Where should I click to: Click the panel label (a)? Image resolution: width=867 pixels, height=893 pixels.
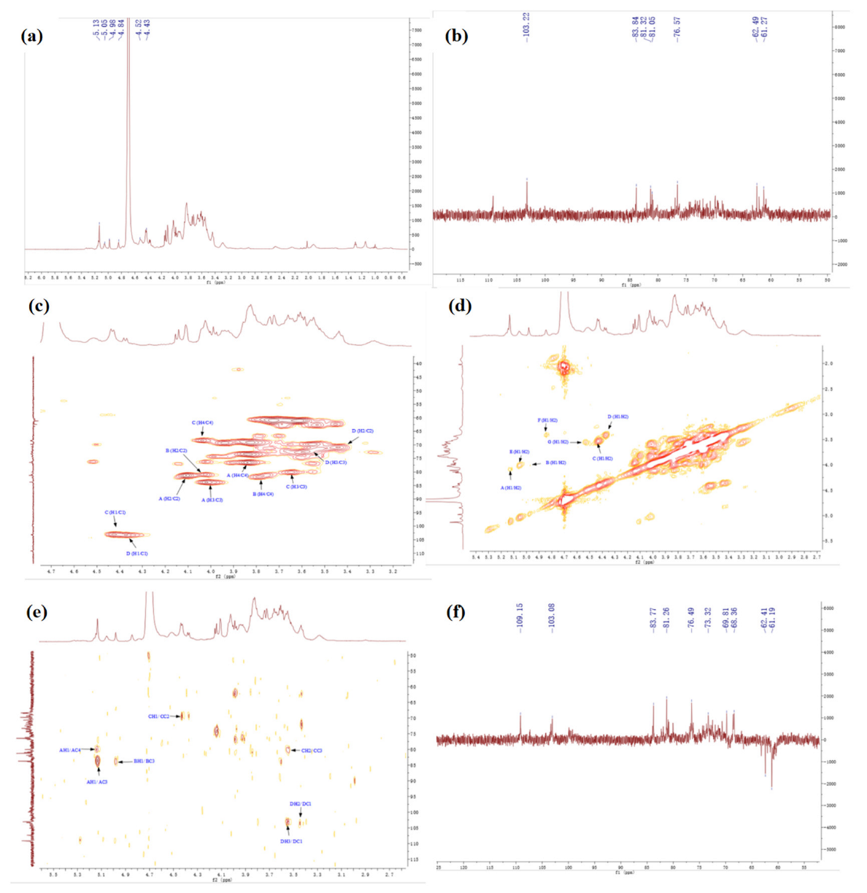(x=32, y=36)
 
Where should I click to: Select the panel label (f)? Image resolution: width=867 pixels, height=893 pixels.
(x=459, y=611)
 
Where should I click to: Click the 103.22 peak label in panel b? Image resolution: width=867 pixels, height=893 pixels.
(x=527, y=26)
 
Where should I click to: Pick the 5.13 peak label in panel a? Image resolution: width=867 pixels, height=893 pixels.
(x=96, y=31)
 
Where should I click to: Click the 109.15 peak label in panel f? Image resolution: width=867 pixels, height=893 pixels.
(x=520, y=617)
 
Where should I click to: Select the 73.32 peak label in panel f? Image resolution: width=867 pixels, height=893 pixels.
(x=708, y=619)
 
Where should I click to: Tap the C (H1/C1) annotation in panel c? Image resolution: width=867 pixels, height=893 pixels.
(x=115, y=513)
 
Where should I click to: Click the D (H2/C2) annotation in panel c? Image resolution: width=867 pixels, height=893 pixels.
(x=363, y=431)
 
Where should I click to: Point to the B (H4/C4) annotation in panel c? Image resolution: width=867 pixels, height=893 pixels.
(x=263, y=494)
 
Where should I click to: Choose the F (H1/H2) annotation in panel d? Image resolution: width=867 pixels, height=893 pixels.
(x=547, y=420)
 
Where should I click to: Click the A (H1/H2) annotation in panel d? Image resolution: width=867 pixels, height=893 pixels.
(x=511, y=487)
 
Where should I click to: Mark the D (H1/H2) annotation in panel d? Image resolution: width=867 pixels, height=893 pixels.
(x=617, y=417)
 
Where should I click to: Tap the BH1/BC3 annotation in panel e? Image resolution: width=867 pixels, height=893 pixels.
(x=144, y=761)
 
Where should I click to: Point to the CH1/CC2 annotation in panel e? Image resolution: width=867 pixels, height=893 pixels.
(x=158, y=716)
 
